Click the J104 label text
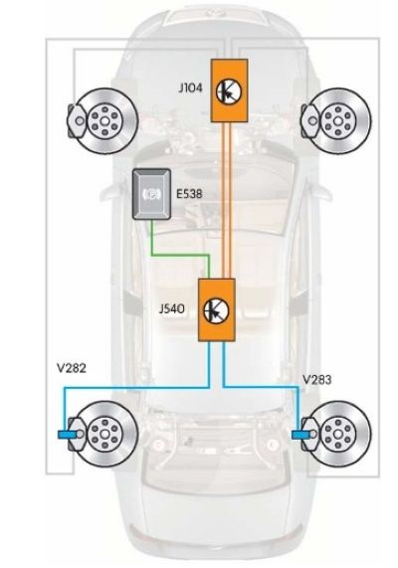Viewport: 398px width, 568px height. click(190, 88)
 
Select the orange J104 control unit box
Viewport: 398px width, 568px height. click(230, 91)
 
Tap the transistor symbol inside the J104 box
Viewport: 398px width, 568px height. click(229, 92)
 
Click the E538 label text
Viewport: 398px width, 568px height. click(189, 194)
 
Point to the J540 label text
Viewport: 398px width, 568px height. click(171, 309)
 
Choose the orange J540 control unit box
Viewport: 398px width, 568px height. click(217, 309)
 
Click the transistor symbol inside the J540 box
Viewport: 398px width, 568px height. click(216, 310)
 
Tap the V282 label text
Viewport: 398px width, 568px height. click(72, 368)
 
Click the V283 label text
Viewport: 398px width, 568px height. click(316, 380)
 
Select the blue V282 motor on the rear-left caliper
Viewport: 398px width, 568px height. click(66, 434)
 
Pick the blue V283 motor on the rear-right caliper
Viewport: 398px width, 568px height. click(299, 434)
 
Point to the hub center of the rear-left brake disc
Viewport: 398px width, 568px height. click(104, 434)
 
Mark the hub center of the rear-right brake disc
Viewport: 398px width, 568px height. click(338, 434)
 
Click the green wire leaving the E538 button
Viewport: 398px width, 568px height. click(180, 256)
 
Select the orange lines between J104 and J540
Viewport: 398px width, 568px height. click(226, 200)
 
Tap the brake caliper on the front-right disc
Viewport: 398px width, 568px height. click(309, 121)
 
